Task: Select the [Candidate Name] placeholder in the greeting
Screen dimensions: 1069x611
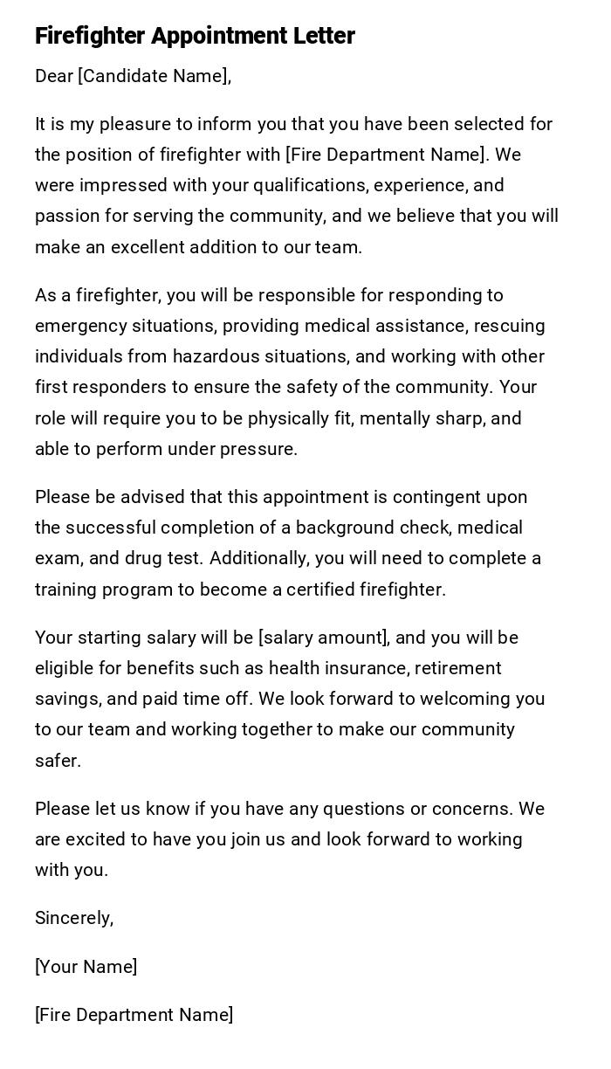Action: pos(153,76)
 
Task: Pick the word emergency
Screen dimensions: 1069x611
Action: pos(80,326)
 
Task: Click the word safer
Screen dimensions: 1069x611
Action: pos(58,761)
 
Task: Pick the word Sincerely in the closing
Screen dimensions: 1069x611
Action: pos(73,918)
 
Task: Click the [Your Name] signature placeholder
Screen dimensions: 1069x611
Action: pos(86,967)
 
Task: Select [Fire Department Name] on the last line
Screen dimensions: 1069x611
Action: pos(134,1015)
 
